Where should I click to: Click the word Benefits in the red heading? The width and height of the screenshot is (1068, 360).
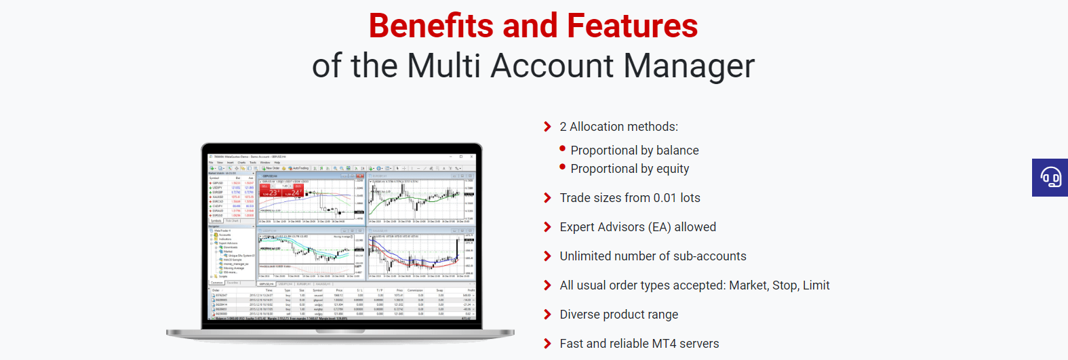coord(431,26)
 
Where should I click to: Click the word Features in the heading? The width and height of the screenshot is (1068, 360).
coord(632,26)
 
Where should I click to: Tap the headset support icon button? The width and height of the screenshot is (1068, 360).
coord(1050,178)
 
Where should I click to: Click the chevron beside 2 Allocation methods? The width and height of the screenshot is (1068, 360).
coord(547,127)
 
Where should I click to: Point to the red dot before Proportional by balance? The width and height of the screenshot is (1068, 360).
coord(562,148)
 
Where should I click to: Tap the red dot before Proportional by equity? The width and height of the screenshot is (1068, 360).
coord(562,167)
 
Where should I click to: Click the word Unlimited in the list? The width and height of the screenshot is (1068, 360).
coord(585,256)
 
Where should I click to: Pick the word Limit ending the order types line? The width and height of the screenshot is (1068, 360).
coord(816,285)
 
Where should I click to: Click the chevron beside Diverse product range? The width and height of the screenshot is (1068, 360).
coord(547,315)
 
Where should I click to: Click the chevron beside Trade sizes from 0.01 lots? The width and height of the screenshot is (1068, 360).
coord(547,198)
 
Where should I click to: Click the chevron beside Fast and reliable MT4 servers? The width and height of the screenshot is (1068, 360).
coord(547,344)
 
